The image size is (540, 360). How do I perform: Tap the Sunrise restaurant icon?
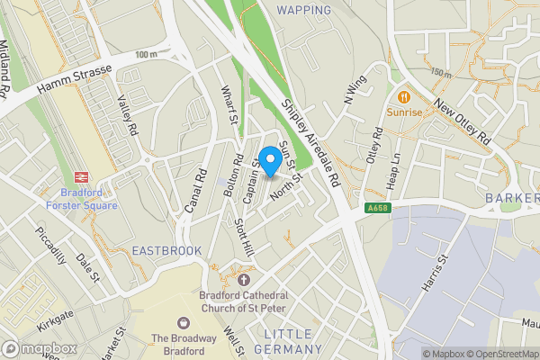coord(404,96)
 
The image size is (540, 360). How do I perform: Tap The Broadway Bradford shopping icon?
coord(184,323)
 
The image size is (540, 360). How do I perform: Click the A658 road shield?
coord(378,209)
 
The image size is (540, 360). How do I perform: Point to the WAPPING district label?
coord(304,10)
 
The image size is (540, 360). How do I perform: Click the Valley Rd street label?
coord(127,117)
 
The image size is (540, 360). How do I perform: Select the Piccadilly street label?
coord(51,244)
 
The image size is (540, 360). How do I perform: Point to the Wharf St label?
coord(229,105)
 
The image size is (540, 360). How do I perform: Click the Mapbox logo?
coord(38,348)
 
